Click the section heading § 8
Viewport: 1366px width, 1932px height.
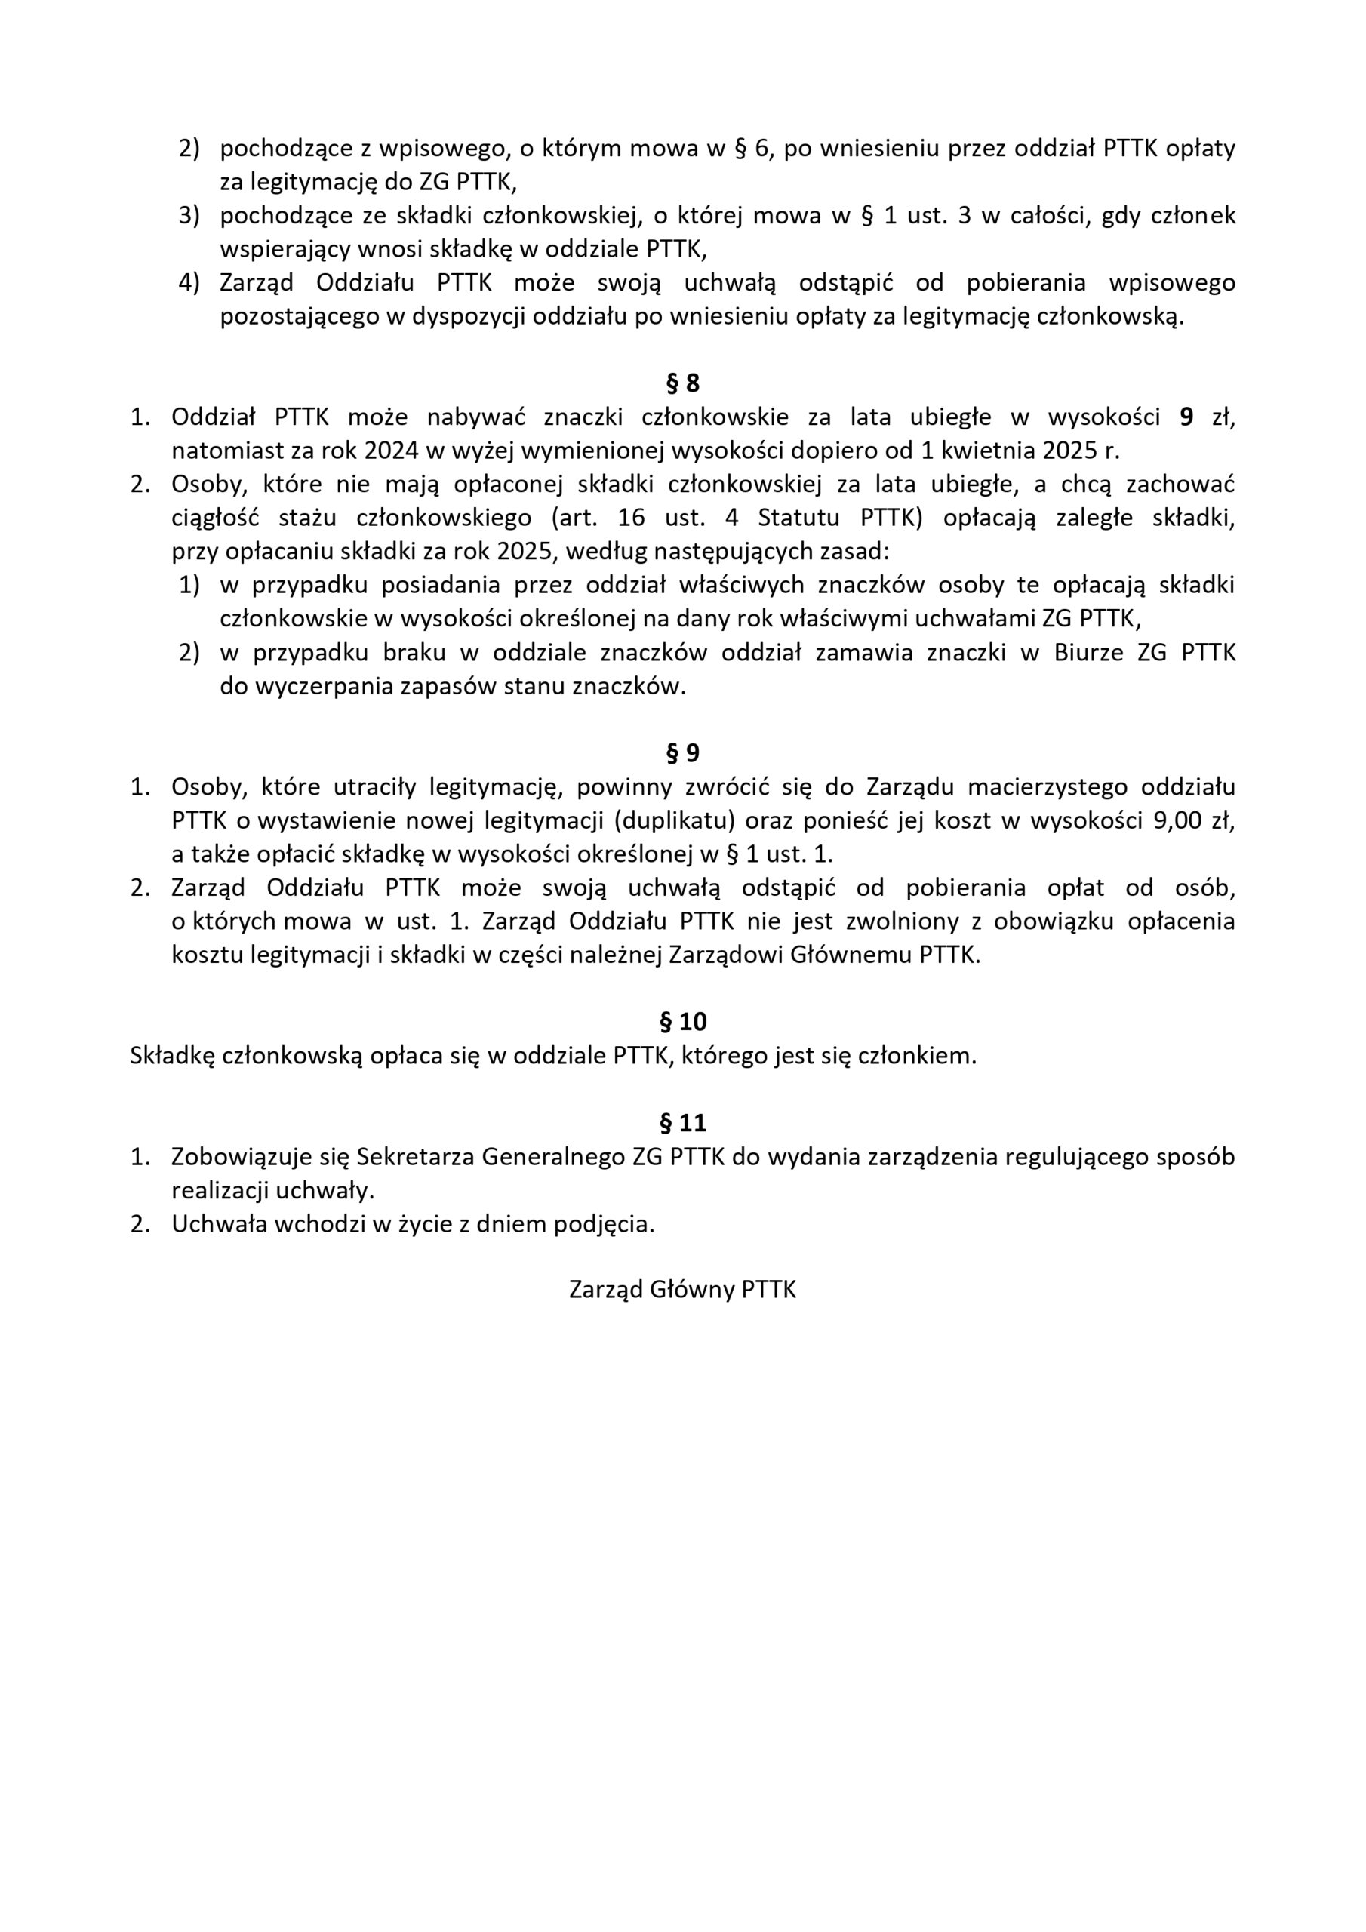point(682,383)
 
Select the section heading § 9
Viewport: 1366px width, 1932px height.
point(682,753)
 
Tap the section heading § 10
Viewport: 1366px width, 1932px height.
point(682,1022)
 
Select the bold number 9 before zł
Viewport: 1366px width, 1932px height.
point(1186,417)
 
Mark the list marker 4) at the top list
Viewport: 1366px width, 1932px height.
point(189,283)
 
